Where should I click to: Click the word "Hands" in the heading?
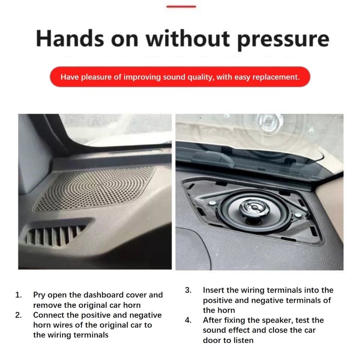70,39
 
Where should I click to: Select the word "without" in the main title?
188,38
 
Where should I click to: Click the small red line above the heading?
181,6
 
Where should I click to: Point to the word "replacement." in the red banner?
276,77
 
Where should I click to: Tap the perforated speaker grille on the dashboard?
94,189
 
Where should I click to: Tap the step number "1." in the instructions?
18,295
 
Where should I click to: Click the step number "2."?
18,315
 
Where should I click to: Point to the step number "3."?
188,290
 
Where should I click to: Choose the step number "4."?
188,320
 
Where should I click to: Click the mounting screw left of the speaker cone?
212,203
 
